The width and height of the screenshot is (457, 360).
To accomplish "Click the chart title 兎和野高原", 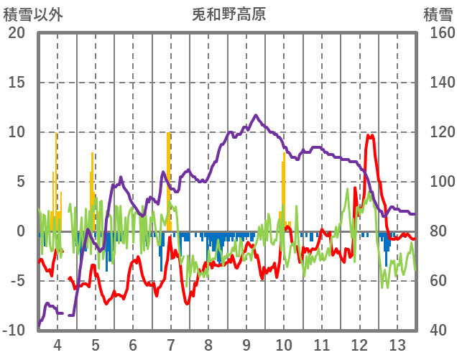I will (228, 14).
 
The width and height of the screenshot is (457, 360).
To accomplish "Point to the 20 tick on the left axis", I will (17, 33).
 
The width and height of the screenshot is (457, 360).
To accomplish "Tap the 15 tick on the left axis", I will (17, 83).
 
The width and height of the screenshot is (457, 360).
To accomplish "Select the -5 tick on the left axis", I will (17, 281).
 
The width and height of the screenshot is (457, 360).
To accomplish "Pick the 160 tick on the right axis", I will (437, 33).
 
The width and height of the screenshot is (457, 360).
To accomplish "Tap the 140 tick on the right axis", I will (437, 83).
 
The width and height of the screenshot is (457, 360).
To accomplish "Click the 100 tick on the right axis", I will (437, 182).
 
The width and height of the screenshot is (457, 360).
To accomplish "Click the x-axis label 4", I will (57, 344).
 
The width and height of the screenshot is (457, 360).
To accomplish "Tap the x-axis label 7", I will (170, 344).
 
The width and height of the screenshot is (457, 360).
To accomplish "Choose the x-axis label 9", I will (246, 344).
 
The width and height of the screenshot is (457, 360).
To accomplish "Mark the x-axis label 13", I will (397, 344).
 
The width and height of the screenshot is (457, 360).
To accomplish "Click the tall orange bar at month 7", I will (169, 180).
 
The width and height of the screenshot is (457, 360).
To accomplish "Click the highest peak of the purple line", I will (256, 115).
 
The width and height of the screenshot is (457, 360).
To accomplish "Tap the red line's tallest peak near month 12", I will (371, 135).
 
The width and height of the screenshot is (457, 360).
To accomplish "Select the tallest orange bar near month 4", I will (56, 180).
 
